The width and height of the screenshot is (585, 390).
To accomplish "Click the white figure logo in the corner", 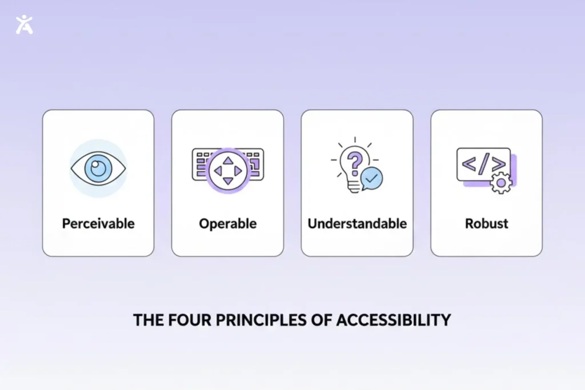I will click(24, 24).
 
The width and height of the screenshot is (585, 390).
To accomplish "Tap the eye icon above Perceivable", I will click(98, 168).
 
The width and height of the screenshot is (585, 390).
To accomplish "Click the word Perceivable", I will click(98, 223).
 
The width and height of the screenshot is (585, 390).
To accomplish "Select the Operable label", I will click(227, 223).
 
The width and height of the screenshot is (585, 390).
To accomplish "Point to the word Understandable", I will click(357, 223).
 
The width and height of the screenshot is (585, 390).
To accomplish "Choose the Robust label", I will click(486, 223).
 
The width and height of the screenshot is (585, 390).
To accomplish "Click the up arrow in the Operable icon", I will click(228, 160).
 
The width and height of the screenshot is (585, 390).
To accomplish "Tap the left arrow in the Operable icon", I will click(218, 171).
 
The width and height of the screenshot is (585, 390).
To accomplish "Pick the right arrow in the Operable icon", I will click(238, 171).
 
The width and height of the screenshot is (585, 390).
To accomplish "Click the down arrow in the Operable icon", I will click(228, 181).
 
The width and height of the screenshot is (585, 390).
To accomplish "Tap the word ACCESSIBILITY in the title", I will click(394, 320).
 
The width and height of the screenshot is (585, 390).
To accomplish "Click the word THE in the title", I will click(146, 320).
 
